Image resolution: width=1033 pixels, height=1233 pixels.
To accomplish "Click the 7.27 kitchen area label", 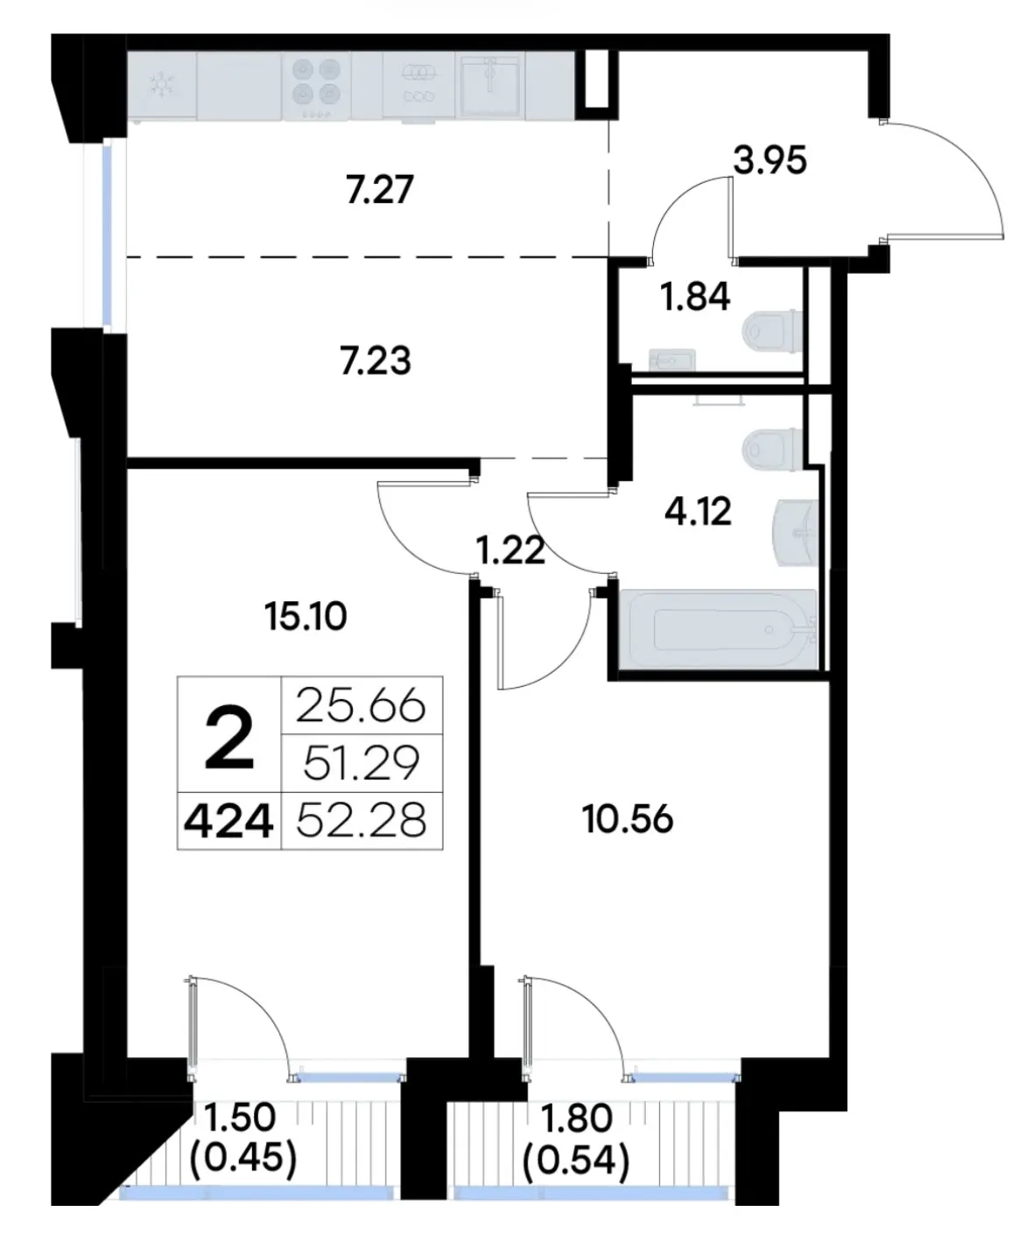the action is click(379, 189).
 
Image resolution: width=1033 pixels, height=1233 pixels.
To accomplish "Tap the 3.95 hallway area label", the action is click(769, 160).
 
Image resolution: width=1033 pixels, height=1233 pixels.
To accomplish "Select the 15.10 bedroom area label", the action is click(306, 617).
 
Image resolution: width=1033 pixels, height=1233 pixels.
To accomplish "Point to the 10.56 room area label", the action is click(628, 820).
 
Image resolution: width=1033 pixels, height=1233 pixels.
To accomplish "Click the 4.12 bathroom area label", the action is click(698, 511).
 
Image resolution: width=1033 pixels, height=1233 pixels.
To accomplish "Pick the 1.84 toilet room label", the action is click(695, 296).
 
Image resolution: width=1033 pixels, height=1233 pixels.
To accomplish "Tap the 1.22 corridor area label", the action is click(510, 551).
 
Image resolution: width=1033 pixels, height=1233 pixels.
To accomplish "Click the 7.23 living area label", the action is click(376, 361).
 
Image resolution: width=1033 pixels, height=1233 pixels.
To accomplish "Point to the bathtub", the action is click(723, 629).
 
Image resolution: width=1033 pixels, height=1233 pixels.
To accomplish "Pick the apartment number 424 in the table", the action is click(228, 822).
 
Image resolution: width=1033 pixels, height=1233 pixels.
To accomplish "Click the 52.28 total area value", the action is click(361, 821).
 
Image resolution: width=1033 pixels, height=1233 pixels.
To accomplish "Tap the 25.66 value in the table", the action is click(361, 706).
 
